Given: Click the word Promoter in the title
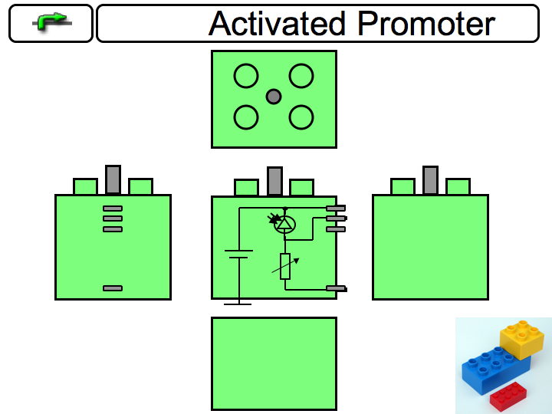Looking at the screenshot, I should coord(426,24).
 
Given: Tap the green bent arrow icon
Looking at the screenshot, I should coord(51,23).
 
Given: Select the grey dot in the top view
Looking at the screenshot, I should coord(274,97).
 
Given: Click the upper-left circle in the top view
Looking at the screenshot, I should coord(246,76).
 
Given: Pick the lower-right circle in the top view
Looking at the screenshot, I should coord(301,117).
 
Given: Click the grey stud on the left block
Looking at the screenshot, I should coord(113,179).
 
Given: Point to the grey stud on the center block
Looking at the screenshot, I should coord(274,181).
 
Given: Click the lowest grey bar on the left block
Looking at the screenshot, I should coord(113,288).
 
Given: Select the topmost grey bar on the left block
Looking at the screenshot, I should coord(113,209).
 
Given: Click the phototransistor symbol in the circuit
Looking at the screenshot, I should coord(284,223).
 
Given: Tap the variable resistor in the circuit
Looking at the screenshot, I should coord(285,265).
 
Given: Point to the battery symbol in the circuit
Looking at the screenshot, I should coord(238,254).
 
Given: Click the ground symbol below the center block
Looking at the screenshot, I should coord(238,304).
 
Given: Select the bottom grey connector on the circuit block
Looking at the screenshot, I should coord(337,288).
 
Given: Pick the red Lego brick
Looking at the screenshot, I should coord(508,394).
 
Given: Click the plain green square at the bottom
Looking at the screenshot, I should coord(274,363).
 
